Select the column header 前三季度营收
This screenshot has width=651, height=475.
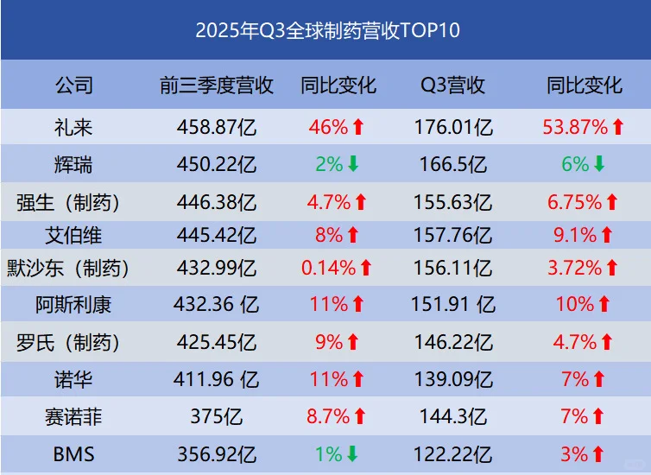click(x=217, y=85)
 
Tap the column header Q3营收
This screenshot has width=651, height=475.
click(x=452, y=85)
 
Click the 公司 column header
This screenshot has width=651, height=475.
click(x=73, y=85)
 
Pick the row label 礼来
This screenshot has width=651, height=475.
click(x=73, y=128)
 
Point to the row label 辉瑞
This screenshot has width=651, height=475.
click(x=73, y=163)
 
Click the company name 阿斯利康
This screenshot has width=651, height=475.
click(x=73, y=304)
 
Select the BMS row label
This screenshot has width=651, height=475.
click(x=73, y=453)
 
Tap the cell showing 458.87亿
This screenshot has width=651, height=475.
click(x=217, y=128)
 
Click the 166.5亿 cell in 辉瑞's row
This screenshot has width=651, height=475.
click(x=452, y=163)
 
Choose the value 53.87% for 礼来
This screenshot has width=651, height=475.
click(x=575, y=128)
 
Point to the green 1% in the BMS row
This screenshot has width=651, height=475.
click(x=328, y=453)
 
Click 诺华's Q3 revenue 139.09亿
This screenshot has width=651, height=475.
click(x=452, y=378)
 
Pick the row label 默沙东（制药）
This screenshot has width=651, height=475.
click(x=73, y=269)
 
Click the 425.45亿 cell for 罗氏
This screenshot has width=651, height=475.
click(x=217, y=343)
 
